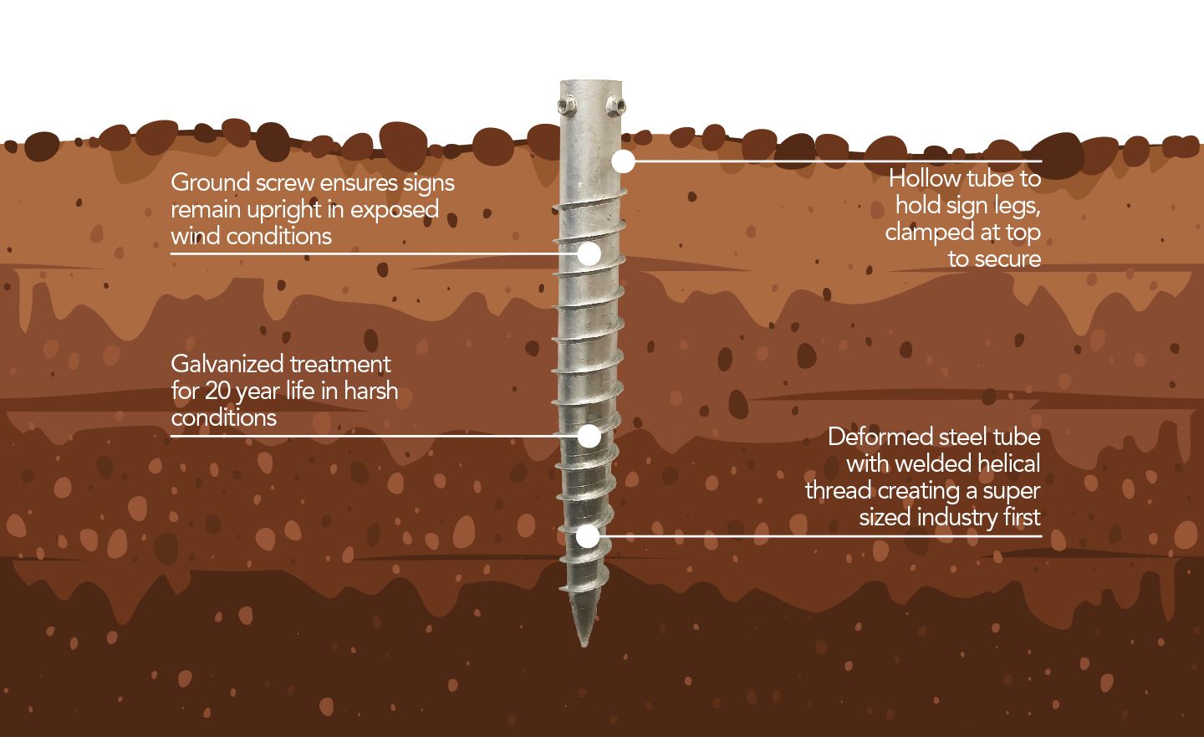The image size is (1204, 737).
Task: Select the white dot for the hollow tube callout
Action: click(x=623, y=161)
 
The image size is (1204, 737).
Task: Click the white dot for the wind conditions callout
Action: click(x=589, y=253)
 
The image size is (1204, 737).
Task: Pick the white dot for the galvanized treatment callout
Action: click(x=589, y=435)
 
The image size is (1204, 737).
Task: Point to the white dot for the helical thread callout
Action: click(x=589, y=536)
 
